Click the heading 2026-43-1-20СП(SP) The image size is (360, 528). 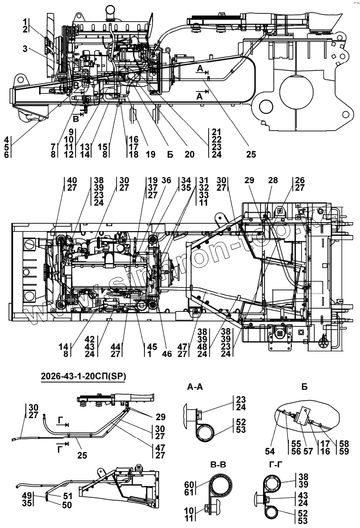click(x=83, y=376)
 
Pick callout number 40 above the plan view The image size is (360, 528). click(x=72, y=180)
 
